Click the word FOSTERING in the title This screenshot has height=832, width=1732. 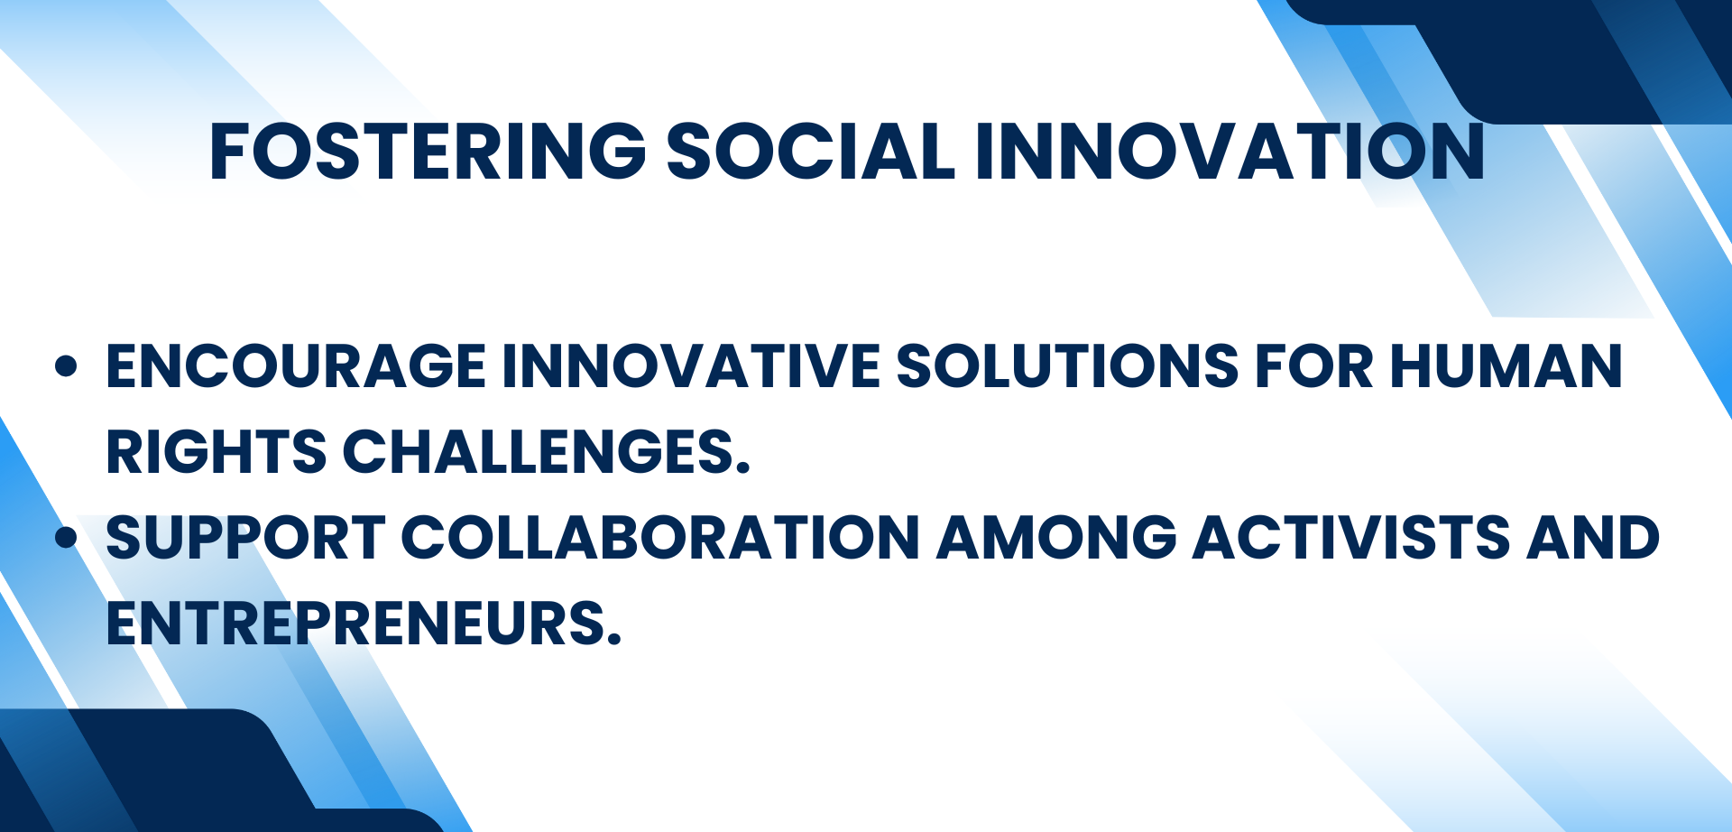click(428, 151)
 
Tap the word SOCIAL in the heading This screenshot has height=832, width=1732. click(810, 151)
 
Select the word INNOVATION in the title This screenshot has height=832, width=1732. click(1230, 151)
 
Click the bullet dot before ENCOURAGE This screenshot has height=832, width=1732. click(66, 365)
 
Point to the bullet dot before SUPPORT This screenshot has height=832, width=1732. click(66, 537)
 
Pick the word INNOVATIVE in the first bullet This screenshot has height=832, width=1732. click(691, 366)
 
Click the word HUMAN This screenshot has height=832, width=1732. click(1506, 366)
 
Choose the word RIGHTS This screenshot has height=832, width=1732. click(216, 452)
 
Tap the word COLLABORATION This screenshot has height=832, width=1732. click(660, 538)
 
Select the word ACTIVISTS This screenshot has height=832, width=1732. click(1351, 538)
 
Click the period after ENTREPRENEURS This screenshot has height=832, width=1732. click(614, 638)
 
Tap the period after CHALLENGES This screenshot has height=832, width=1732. click(742, 467)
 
